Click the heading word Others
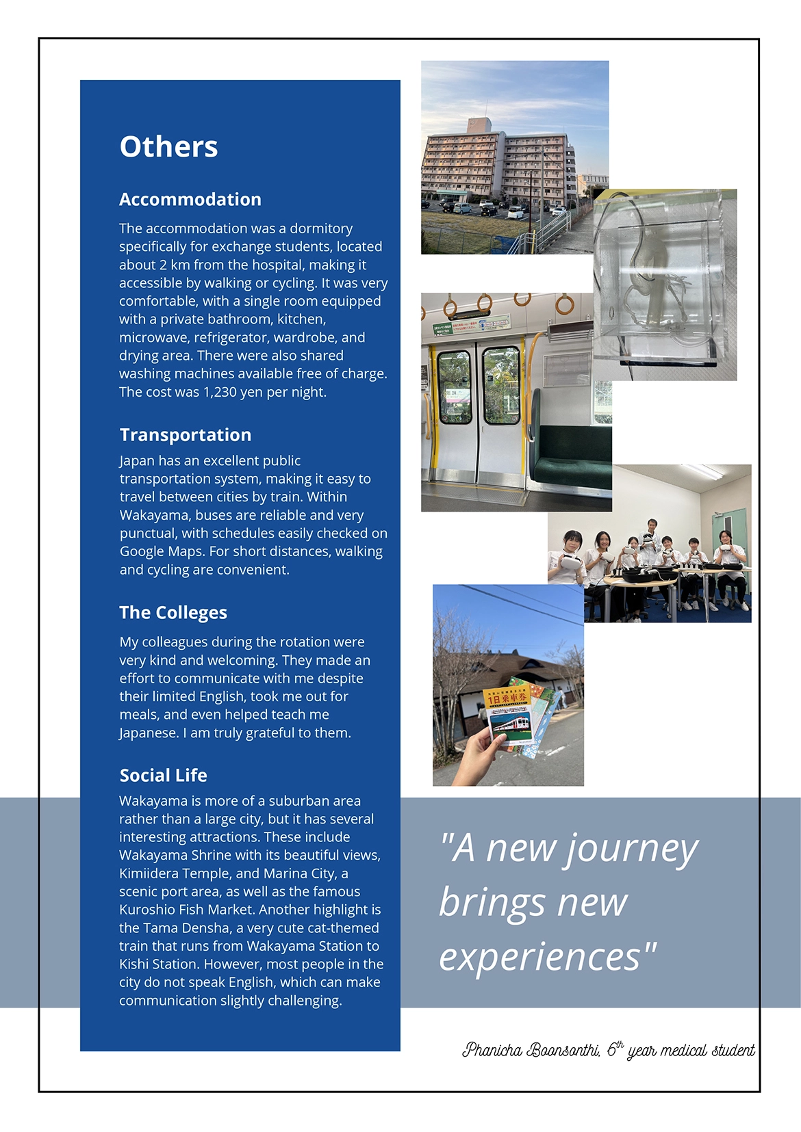coord(168,147)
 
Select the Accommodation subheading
coord(190,200)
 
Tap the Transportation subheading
coord(185,435)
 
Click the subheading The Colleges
coord(173,613)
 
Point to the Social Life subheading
coord(163,776)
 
